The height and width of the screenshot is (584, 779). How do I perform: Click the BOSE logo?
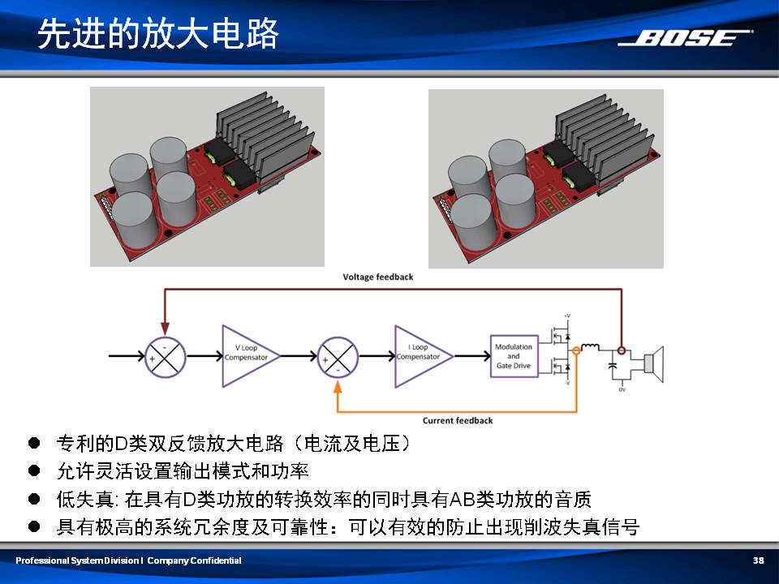[x=685, y=38]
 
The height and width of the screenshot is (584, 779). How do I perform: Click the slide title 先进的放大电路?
[x=158, y=35]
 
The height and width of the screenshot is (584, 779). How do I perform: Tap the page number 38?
[x=759, y=560]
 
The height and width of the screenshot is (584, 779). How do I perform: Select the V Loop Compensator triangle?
[x=246, y=355]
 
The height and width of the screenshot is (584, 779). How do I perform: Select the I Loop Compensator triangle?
[x=419, y=355]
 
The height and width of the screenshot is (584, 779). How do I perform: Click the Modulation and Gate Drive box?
[x=514, y=355]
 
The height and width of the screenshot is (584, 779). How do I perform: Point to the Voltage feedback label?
[x=377, y=277]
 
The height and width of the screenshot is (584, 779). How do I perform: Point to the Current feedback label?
[x=458, y=420]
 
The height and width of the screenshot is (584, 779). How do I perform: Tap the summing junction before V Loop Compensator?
[x=166, y=356]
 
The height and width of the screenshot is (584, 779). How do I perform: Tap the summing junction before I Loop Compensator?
[x=338, y=356]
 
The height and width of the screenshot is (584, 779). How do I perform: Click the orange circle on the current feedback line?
[x=577, y=350]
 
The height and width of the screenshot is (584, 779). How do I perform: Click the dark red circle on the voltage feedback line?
[x=622, y=350]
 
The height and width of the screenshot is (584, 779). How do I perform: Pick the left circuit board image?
[x=207, y=176]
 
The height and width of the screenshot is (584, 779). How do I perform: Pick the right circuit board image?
[x=545, y=178]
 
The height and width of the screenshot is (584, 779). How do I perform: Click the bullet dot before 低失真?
[x=33, y=498]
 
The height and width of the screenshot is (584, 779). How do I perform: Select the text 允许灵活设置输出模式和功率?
[x=183, y=471]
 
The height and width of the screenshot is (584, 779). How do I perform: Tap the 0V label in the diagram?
[x=622, y=391]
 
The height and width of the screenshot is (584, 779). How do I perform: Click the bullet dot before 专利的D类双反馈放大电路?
[x=33, y=443]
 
